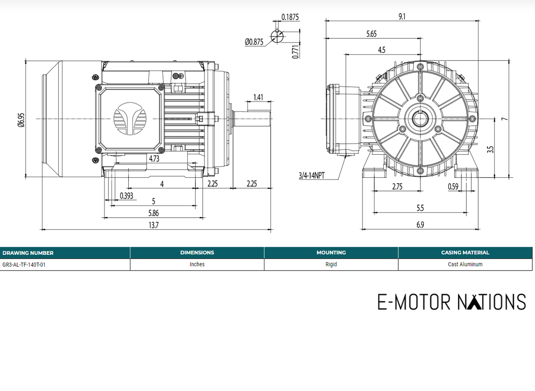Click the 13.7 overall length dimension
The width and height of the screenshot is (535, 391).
click(x=153, y=225)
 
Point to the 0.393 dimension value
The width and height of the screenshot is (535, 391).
click(x=126, y=196)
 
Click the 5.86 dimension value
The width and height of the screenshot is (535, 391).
click(x=153, y=213)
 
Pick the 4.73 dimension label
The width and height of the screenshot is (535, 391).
click(x=154, y=158)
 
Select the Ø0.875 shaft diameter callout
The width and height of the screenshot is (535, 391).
click(x=254, y=42)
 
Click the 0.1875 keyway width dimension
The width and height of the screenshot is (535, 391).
click(x=290, y=17)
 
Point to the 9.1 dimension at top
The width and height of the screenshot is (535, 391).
click(x=402, y=16)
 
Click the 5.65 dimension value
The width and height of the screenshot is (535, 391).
click(x=372, y=34)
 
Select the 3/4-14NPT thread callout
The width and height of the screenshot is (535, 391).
click(x=311, y=175)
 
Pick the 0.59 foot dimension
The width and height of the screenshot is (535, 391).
click(x=453, y=186)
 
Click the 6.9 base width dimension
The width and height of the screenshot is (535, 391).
click(x=420, y=225)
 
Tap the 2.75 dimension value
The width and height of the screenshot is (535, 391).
click(x=397, y=186)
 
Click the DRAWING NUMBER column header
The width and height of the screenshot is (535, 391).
click(x=28, y=253)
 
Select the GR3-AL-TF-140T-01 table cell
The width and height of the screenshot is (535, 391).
click(x=24, y=264)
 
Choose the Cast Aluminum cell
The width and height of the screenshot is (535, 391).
click(x=465, y=264)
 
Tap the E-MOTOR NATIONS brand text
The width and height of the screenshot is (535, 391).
click(x=451, y=302)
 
